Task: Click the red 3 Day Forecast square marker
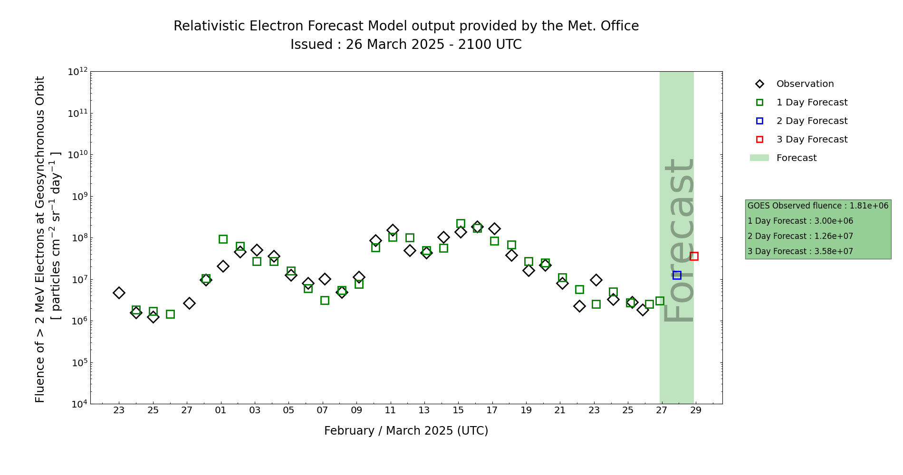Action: pyautogui.click(x=694, y=256)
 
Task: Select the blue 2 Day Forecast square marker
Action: pyautogui.click(x=677, y=275)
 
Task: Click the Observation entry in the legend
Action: pyautogui.click(x=805, y=84)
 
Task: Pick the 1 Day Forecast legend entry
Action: pyautogui.click(x=811, y=103)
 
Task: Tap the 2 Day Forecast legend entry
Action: pyautogui.click(x=811, y=121)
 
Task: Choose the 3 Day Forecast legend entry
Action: pyautogui.click(x=811, y=140)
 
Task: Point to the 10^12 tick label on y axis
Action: pyautogui.click(x=78, y=72)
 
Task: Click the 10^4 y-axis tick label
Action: pyautogui.click(x=78, y=404)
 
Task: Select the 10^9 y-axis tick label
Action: pyautogui.click(x=78, y=196)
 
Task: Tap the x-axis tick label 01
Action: pyautogui.click(x=221, y=410)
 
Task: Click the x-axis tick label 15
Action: pyautogui.click(x=458, y=410)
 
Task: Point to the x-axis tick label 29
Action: pyautogui.click(x=696, y=410)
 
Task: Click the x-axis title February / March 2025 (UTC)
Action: pyautogui.click(x=406, y=431)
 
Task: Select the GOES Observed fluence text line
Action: pyautogui.click(x=817, y=206)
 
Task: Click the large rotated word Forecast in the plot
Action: pyautogui.click(x=678, y=240)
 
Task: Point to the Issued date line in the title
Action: pyautogui.click(x=406, y=45)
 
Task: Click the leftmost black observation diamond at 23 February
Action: pyautogui.click(x=119, y=293)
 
